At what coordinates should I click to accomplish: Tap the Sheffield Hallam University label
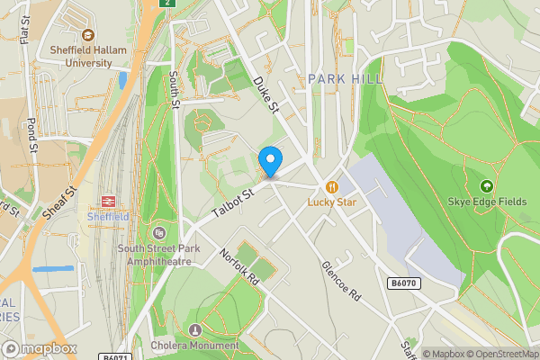(x=81, y=57)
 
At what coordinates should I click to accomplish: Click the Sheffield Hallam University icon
(x=87, y=37)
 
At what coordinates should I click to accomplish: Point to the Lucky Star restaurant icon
(x=332, y=187)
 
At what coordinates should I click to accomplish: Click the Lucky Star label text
(x=332, y=202)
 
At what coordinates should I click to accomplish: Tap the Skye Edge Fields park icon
(x=487, y=186)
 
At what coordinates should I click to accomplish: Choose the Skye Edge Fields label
(x=486, y=202)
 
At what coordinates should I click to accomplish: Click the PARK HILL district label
(x=345, y=79)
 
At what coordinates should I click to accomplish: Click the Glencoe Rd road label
(x=341, y=282)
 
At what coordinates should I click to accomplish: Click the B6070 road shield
(x=403, y=283)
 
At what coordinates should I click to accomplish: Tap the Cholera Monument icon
(x=196, y=329)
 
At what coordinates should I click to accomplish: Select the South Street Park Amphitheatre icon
(x=160, y=232)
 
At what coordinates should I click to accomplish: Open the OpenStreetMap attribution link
(x=496, y=354)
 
